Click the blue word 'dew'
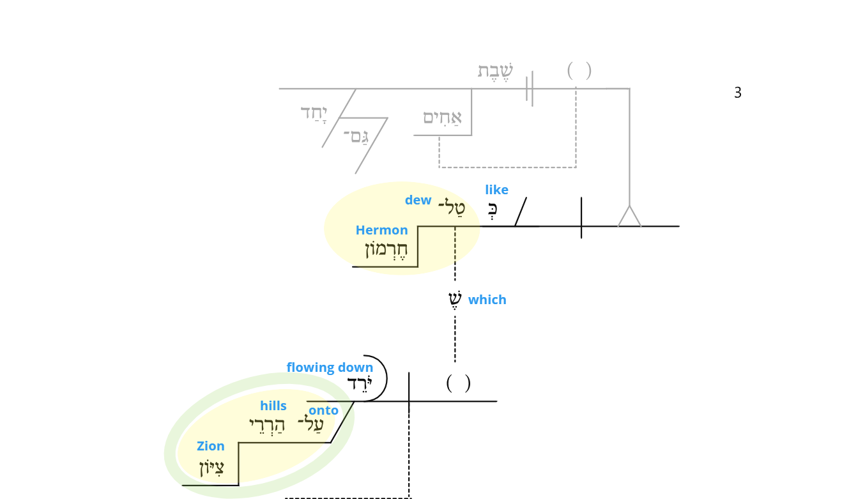(418, 200)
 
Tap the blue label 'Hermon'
(381, 230)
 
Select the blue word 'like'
(496, 190)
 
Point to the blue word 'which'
(487, 300)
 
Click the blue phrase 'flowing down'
(330, 367)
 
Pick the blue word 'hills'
(273, 406)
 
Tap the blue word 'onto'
(323, 410)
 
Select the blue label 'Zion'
(211, 446)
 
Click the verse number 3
(738, 93)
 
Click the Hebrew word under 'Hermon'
(387, 250)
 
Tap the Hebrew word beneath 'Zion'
(211, 468)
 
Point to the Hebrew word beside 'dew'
(452, 207)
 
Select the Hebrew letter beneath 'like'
(493, 211)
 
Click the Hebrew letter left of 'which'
(455, 299)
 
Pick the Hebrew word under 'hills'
(267, 426)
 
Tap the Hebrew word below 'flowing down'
(360, 383)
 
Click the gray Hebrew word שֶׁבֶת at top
(495, 71)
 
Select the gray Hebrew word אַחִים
(443, 118)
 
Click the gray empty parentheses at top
(579, 71)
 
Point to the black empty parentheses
(458, 383)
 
